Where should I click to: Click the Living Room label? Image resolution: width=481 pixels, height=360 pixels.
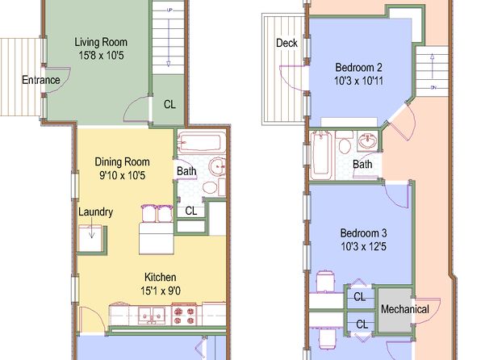click(101, 42)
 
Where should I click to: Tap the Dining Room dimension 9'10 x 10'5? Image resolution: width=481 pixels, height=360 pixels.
click(122, 175)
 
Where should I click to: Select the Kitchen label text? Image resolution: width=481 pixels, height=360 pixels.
click(160, 277)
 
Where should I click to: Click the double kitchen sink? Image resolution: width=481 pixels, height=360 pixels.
click(152, 316)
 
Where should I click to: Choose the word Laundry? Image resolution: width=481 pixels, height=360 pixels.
click(95, 212)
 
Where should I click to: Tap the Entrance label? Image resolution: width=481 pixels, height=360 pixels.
click(41, 80)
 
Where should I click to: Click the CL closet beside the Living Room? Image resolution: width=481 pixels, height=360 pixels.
click(169, 104)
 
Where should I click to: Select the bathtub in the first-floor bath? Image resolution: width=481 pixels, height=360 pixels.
click(199, 143)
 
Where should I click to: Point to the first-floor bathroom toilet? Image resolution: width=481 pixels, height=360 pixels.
click(210, 186)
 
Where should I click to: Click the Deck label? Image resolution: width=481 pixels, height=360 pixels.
click(287, 43)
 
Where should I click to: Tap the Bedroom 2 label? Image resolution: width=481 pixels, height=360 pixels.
click(358, 67)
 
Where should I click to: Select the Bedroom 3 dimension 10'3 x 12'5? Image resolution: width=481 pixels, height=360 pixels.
click(363, 246)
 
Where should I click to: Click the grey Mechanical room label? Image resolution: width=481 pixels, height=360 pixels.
click(404, 309)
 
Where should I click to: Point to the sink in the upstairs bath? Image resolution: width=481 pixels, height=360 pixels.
click(368, 141)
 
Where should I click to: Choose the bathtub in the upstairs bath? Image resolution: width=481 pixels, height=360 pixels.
click(321, 155)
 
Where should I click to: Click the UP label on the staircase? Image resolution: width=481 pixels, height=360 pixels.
click(169, 10)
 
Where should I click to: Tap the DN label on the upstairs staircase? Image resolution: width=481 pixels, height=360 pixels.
click(433, 88)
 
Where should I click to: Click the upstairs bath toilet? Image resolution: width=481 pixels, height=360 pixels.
click(345, 143)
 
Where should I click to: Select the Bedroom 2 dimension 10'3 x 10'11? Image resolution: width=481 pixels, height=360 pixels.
click(358, 81)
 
